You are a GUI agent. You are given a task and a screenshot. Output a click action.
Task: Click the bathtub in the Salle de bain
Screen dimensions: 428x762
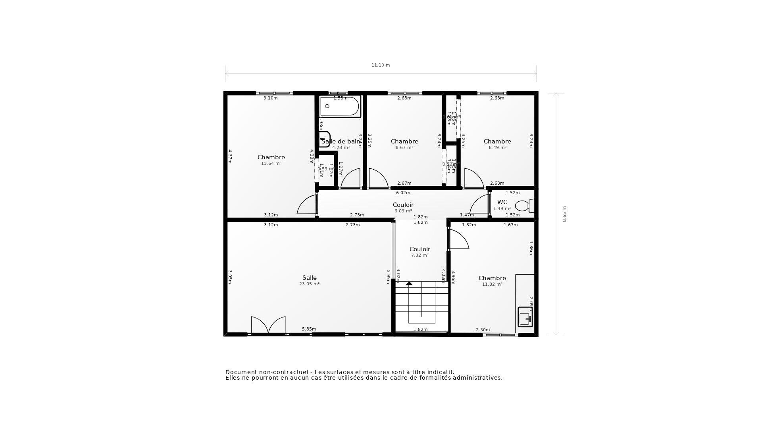click(340, 107)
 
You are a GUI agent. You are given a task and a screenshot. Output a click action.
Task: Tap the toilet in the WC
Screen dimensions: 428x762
click(524, 206)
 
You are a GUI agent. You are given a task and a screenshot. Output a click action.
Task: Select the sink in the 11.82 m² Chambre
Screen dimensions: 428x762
click(525, 317)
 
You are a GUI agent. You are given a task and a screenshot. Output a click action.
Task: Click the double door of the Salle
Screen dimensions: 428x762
click(268, 325)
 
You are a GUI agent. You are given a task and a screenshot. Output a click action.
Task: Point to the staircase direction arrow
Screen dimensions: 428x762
click(409, 284)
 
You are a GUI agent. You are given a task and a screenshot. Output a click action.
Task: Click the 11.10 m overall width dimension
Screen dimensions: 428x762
click(381, 65)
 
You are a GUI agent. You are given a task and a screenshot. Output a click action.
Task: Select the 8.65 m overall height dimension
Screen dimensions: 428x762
click(564, 214)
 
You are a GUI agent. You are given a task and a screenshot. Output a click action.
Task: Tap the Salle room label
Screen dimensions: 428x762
click(309, 278)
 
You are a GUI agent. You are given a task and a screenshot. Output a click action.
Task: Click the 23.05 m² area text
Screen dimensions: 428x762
click(309, 284)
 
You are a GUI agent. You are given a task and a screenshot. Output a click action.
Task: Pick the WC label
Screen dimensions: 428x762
click(502, 202)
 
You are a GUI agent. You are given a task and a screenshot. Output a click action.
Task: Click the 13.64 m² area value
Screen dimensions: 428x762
click(271, 164)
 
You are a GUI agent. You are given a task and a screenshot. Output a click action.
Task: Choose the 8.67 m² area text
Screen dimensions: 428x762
click(404, 148)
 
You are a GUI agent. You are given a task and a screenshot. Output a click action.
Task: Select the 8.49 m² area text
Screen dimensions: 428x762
click(497, 148)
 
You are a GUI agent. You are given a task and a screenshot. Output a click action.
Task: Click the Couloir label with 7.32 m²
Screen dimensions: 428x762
click(419, 249)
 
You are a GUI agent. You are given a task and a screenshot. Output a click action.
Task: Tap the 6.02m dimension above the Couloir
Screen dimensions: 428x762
click(403, 193)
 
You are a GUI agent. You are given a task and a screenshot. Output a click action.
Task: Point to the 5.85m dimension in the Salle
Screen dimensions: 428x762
click(309, 329)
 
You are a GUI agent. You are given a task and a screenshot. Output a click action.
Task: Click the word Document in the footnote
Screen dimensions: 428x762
click(241, 372)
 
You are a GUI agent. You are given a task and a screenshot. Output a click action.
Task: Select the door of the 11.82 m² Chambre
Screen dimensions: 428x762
click(459, 239)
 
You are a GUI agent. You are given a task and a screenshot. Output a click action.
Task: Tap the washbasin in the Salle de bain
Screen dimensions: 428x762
click(324, 139)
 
